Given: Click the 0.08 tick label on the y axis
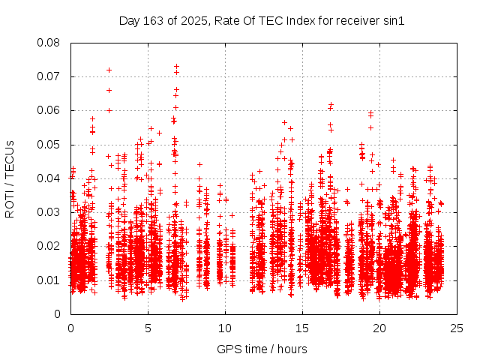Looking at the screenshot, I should pyautogui.click(x=49, y=43).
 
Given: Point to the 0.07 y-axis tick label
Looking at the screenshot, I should pyautogui.click(x=49, y=76).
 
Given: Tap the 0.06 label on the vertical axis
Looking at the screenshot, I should pyautogui.click(x=49, y=110).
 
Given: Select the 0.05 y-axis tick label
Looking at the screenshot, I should pyautogui.click(x=49, y=144).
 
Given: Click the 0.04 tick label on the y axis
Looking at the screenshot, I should pyautogui.click(x=49, y=178).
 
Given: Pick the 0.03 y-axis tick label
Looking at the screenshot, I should pyautogui.click(x=49, y=212).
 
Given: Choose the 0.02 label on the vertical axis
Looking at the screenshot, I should pyautogui.click(x=49, y=246).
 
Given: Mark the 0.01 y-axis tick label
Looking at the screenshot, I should pyautogui.click(x=49, y=280).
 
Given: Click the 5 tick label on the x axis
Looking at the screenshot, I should pyautogui.click(x=148, y=328).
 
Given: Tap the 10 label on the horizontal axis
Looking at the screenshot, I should pyautogui.click(x=225, y=328).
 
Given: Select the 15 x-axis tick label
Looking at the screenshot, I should pyautogui.click(x=302, y=328).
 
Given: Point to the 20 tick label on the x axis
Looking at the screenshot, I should pyautogui.click(x=379, y=328).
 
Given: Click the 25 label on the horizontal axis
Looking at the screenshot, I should pyautogui.click(x=457, y=328).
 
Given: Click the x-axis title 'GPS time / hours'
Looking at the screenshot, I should pyautogui.click(x=262, y=349).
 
